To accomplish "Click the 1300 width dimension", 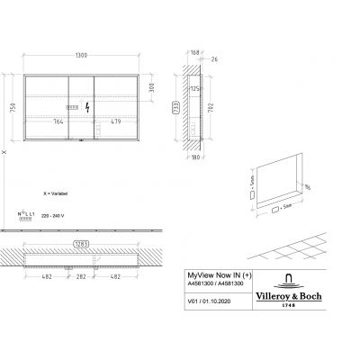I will (x=80, y=57).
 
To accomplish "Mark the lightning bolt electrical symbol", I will (x=87, y=107).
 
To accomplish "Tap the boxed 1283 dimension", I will (x=80, y=244).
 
